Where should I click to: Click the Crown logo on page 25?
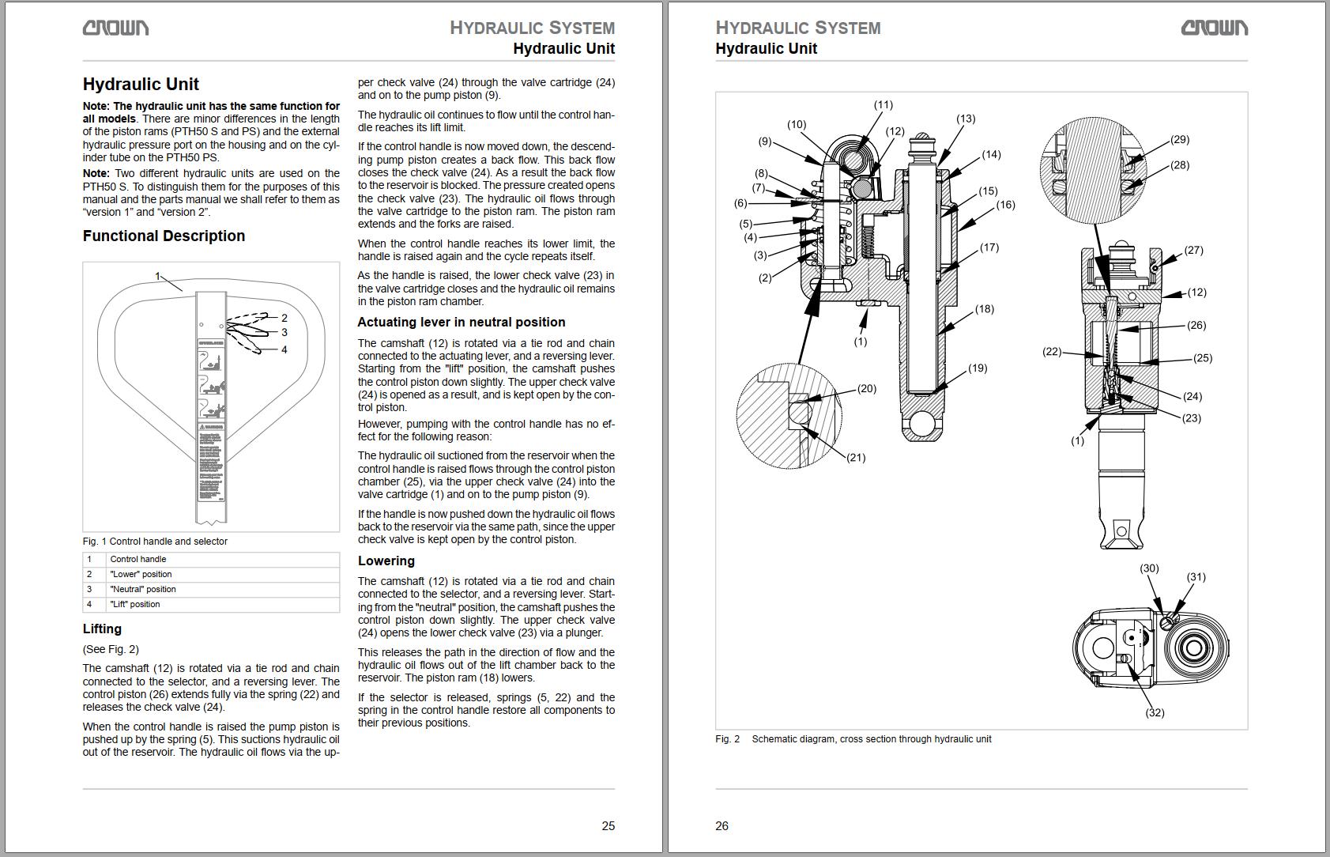tap(115, 28)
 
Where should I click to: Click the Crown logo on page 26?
tap(1214, 28)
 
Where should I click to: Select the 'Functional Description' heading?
tap(164, 236)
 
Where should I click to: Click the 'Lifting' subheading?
tap(102, 629)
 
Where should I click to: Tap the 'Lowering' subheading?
tap(386, 561)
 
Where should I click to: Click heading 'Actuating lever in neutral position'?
tap(461, 322)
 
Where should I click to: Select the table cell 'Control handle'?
tap(138, 559)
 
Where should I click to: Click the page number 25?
tap(608, 825)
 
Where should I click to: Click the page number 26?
tap(722, 825)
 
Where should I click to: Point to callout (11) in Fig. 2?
tap(883, 104)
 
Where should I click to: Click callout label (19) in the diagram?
tap(977, 368)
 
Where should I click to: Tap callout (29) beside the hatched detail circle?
tap(1179, 139)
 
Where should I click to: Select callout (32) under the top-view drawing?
tap(1155, 712)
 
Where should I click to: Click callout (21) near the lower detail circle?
tap(856, 457)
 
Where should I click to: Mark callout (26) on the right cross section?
tap(1196, 325)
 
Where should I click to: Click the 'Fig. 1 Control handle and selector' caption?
tap(155, 542)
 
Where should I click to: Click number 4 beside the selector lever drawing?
tap(284, 349)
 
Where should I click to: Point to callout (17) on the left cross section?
tap(989, 247)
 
